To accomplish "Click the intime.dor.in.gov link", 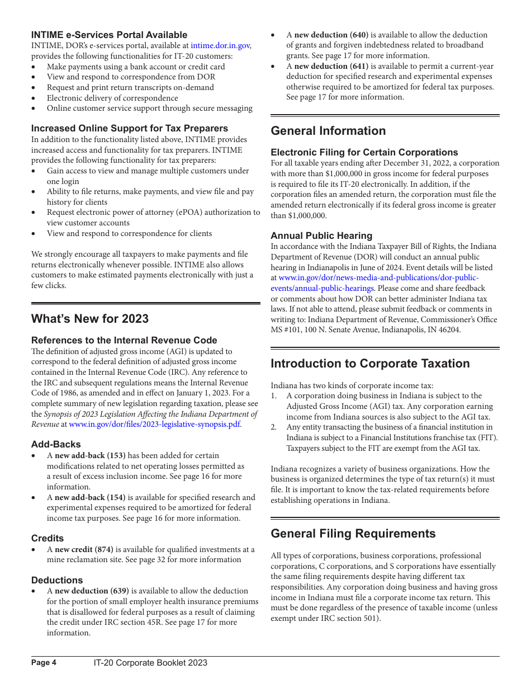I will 220,46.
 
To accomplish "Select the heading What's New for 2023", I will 90,319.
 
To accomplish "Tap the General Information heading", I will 328,131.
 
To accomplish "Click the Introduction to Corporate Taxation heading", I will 370,364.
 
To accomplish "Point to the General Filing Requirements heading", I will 353,534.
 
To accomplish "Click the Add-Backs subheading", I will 56,444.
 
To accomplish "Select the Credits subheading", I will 48,538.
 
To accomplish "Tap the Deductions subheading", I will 57,580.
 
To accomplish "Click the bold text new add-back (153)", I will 90,455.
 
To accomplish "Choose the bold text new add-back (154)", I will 90,497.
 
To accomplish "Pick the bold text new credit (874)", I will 84,549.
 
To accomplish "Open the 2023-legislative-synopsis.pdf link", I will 154,424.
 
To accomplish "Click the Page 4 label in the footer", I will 44,663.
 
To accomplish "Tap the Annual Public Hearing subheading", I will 321,235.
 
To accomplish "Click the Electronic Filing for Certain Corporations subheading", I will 364,152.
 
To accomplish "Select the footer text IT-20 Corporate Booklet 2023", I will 150,663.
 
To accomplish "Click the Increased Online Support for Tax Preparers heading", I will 130,128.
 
